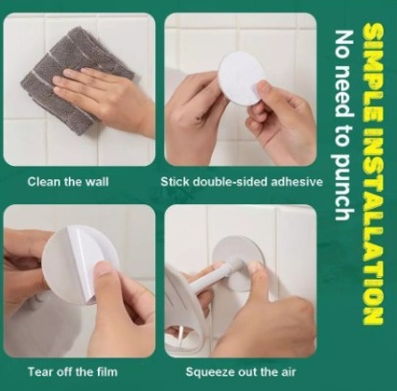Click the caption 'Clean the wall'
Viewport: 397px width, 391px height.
(x=68, y=182)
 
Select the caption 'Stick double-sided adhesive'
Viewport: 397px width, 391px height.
(x=242, y=182)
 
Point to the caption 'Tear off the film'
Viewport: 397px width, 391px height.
(x=73, y=372)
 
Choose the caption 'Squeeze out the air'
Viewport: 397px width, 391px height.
(x=241, y=372)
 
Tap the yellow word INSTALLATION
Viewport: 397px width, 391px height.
(x=373, y=226)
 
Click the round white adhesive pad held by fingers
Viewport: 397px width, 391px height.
(x=242, y=79)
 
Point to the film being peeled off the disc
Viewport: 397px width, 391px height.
(x=82, y=256)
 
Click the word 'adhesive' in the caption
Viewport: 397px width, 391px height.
(x=296, y=182)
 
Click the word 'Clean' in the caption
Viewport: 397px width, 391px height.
(x=44, y=182)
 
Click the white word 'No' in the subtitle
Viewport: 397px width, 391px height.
(x=342, y=44)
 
